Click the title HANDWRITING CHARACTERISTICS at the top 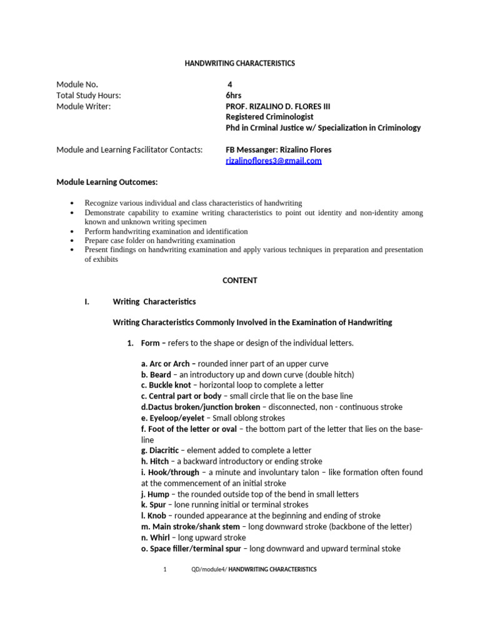point(240,63)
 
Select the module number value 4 point(230,84)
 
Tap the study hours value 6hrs point(233,95)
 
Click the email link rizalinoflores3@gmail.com point(273,161)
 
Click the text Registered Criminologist point(269,117)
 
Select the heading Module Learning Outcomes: point(107,182)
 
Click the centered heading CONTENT point(240,281)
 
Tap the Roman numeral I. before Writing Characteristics point(87,301)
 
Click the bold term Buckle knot point(167,386)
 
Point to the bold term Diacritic point(163,451)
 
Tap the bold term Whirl point(157,537)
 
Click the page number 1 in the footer point(165,569)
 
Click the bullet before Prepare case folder point(73,241)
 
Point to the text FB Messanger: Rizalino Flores point(278,149)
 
